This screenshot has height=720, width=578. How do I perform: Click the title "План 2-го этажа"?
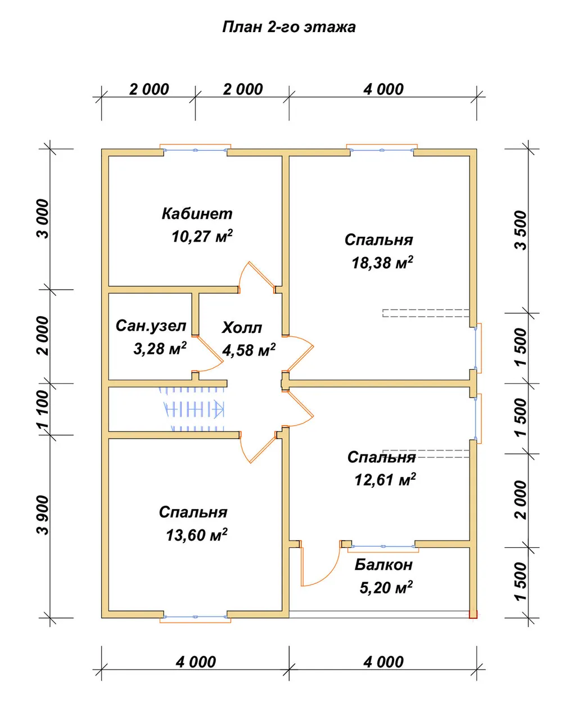point(288,27)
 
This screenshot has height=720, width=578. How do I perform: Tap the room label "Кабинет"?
point(197,213)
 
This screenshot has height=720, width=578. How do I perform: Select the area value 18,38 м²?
point(382,262)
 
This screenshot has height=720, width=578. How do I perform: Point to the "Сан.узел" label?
point(151,326)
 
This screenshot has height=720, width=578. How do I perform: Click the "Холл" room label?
point(242,327)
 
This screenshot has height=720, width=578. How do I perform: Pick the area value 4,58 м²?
point(249,350)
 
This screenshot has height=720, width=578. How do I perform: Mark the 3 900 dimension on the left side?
point(43,515)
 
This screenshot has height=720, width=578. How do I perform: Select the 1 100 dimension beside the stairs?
point(43,409)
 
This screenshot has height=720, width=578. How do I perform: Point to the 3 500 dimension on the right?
point(521,230)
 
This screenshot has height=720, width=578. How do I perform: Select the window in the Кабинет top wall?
point(195,150)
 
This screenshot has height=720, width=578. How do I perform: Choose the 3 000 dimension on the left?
point(43,219)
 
